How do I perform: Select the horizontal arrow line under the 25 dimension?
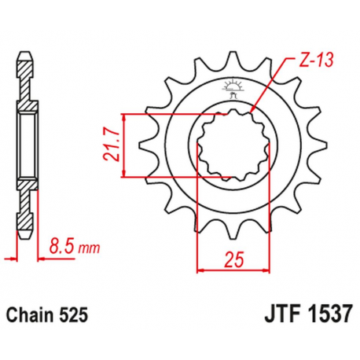click(x=230, y=270)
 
